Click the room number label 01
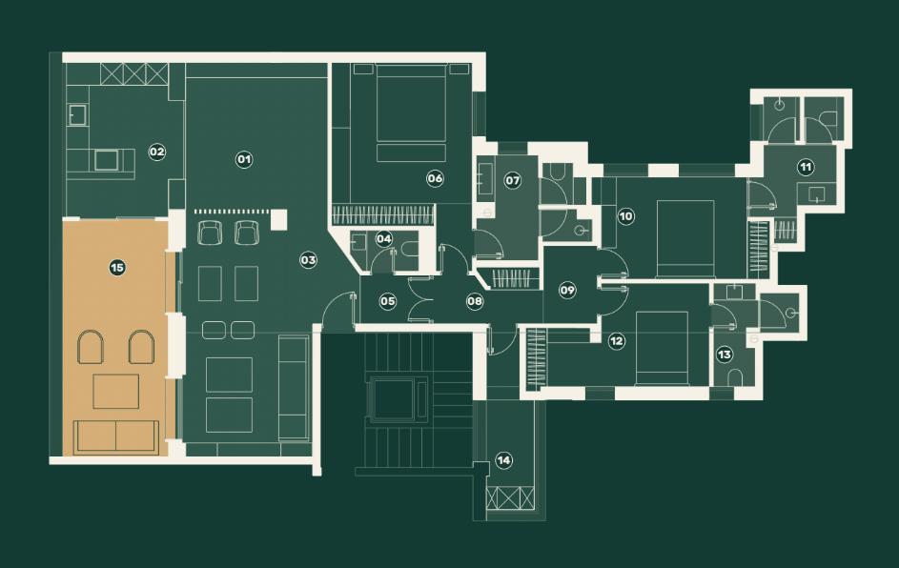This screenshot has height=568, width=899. (x=244, y=159)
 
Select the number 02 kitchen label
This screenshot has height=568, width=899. (x=156, y=152)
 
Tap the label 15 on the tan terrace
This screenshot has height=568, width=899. (x=117, y=268)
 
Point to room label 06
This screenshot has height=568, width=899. (x=435, y=178)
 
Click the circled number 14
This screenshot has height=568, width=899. (x=503, y=460)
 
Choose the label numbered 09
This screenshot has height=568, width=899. (x=567, y=290)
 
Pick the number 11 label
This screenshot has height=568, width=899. (x=806, y=168)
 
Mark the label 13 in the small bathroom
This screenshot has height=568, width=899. (x=725, y=355)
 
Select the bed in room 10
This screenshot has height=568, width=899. (x=685, y=238)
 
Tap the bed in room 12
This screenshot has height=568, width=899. (x=663, y=348)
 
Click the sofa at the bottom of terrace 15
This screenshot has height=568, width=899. (x=115, y=437)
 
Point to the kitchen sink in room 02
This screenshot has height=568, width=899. (x=77, y=114)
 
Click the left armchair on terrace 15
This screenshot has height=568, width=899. (x=91, y=347)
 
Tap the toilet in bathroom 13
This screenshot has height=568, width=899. (x=734, y=377)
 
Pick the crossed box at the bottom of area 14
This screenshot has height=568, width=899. (x=510, y=498)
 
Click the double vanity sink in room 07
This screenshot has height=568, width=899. (x=484, y=178)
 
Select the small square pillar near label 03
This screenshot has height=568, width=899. (x=278, y=220)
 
